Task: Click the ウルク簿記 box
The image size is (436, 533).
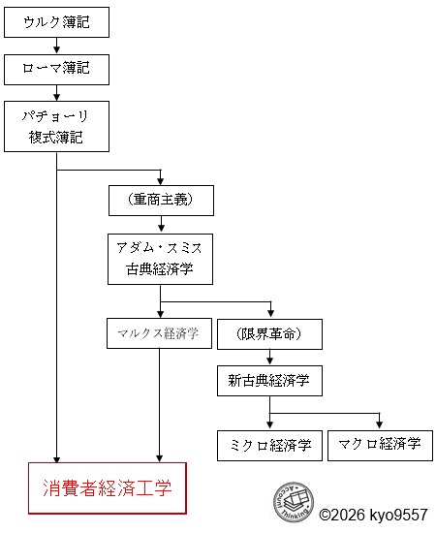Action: coord(56,22)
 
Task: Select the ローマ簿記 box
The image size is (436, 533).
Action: coord(56,69)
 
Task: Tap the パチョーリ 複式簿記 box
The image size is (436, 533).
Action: coord(56,126)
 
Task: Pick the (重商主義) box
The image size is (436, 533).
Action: coord(161,201)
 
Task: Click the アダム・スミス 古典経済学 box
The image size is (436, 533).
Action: coord(161,258)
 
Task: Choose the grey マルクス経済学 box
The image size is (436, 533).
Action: coord(160,334)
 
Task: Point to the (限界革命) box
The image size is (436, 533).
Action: coord(269,334)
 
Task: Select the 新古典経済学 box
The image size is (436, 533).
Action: coord(269,381)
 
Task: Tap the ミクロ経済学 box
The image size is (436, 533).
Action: coord(269,446)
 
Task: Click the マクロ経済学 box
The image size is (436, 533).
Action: coord(379,446)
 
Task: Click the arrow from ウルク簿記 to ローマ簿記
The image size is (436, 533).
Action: coord(56,46)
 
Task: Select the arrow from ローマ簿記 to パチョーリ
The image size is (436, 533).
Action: coord(56,92)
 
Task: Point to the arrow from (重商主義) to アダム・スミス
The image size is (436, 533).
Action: coord(161,224)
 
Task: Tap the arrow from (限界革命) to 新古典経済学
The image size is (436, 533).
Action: coord(269,358)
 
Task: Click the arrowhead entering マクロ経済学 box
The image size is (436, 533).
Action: coord(379,425)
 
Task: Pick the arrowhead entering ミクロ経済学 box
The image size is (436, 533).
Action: coord(269,425)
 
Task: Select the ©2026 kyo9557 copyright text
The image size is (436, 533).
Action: coord(374,515)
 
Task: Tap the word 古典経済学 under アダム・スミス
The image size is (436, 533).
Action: coord(161,268)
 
